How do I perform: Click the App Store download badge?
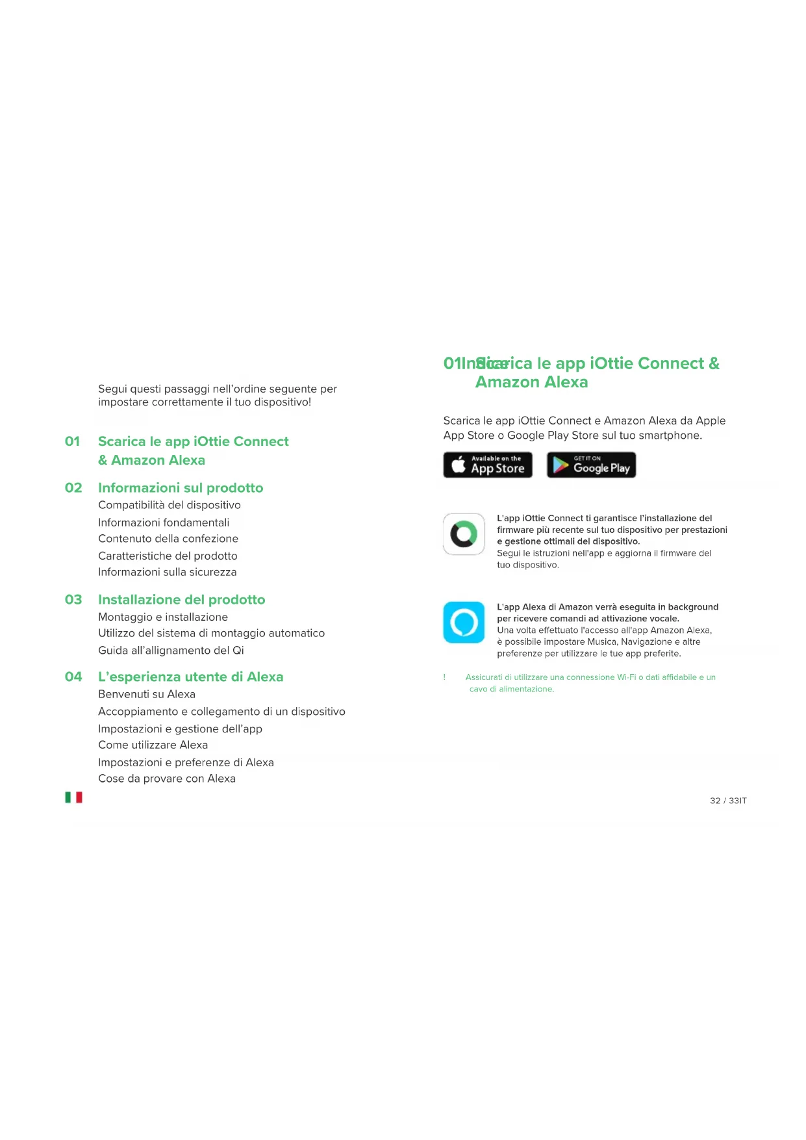point(488,465)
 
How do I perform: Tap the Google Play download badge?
point(591,465)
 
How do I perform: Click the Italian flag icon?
point(73,797)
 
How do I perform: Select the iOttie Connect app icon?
point(464,534)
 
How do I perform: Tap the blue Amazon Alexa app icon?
point(464,622)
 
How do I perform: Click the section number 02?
point(73,487)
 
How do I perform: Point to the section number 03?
point(73,599)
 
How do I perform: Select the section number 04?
point(73,677)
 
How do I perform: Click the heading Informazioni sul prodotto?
point(181,487)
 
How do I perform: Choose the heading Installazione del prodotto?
point(181,599)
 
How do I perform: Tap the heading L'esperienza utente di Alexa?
point(190,677)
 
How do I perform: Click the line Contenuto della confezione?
point(168,538)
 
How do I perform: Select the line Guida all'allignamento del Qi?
point(171,650)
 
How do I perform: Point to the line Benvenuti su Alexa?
point(147,694)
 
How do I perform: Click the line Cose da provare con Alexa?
point(167,779)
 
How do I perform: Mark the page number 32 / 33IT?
point(728,801)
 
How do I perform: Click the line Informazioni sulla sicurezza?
point(167,572)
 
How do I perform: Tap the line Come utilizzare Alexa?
point(153,745)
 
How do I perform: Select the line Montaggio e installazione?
point(163,617)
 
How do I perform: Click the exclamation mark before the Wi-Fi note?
point(445,677)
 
